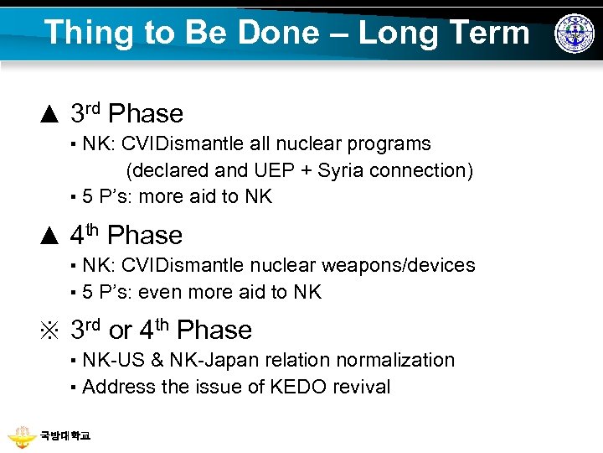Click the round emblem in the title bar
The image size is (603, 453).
[x=574, y=34]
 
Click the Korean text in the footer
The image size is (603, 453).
[x=65, y=436]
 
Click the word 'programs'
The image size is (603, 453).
[x=389, y=143]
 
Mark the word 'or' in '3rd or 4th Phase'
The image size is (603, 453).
[x=120, y=331]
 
